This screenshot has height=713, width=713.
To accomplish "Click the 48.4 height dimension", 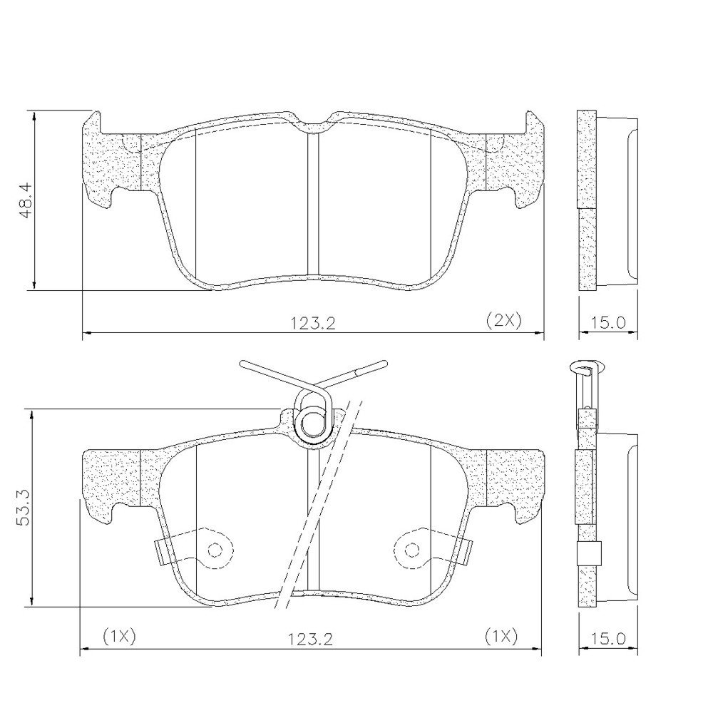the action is pyautogui.click(x=26, y=200).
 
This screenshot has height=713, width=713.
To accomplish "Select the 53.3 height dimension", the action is pyautogui.click(x=23, y=508).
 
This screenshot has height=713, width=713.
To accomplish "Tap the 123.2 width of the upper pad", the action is pyautogui.click(x=313, y=323).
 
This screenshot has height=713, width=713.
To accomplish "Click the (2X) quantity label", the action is pyautogui.click(x=503, y=321).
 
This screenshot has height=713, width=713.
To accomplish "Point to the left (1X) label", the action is pyautogui.click(x=119, y=637).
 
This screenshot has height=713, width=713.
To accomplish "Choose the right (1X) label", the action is pyautogui.click(x=501, y=637).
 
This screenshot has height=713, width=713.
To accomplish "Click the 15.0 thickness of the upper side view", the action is pyautogui.click(x=608, y=323).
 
